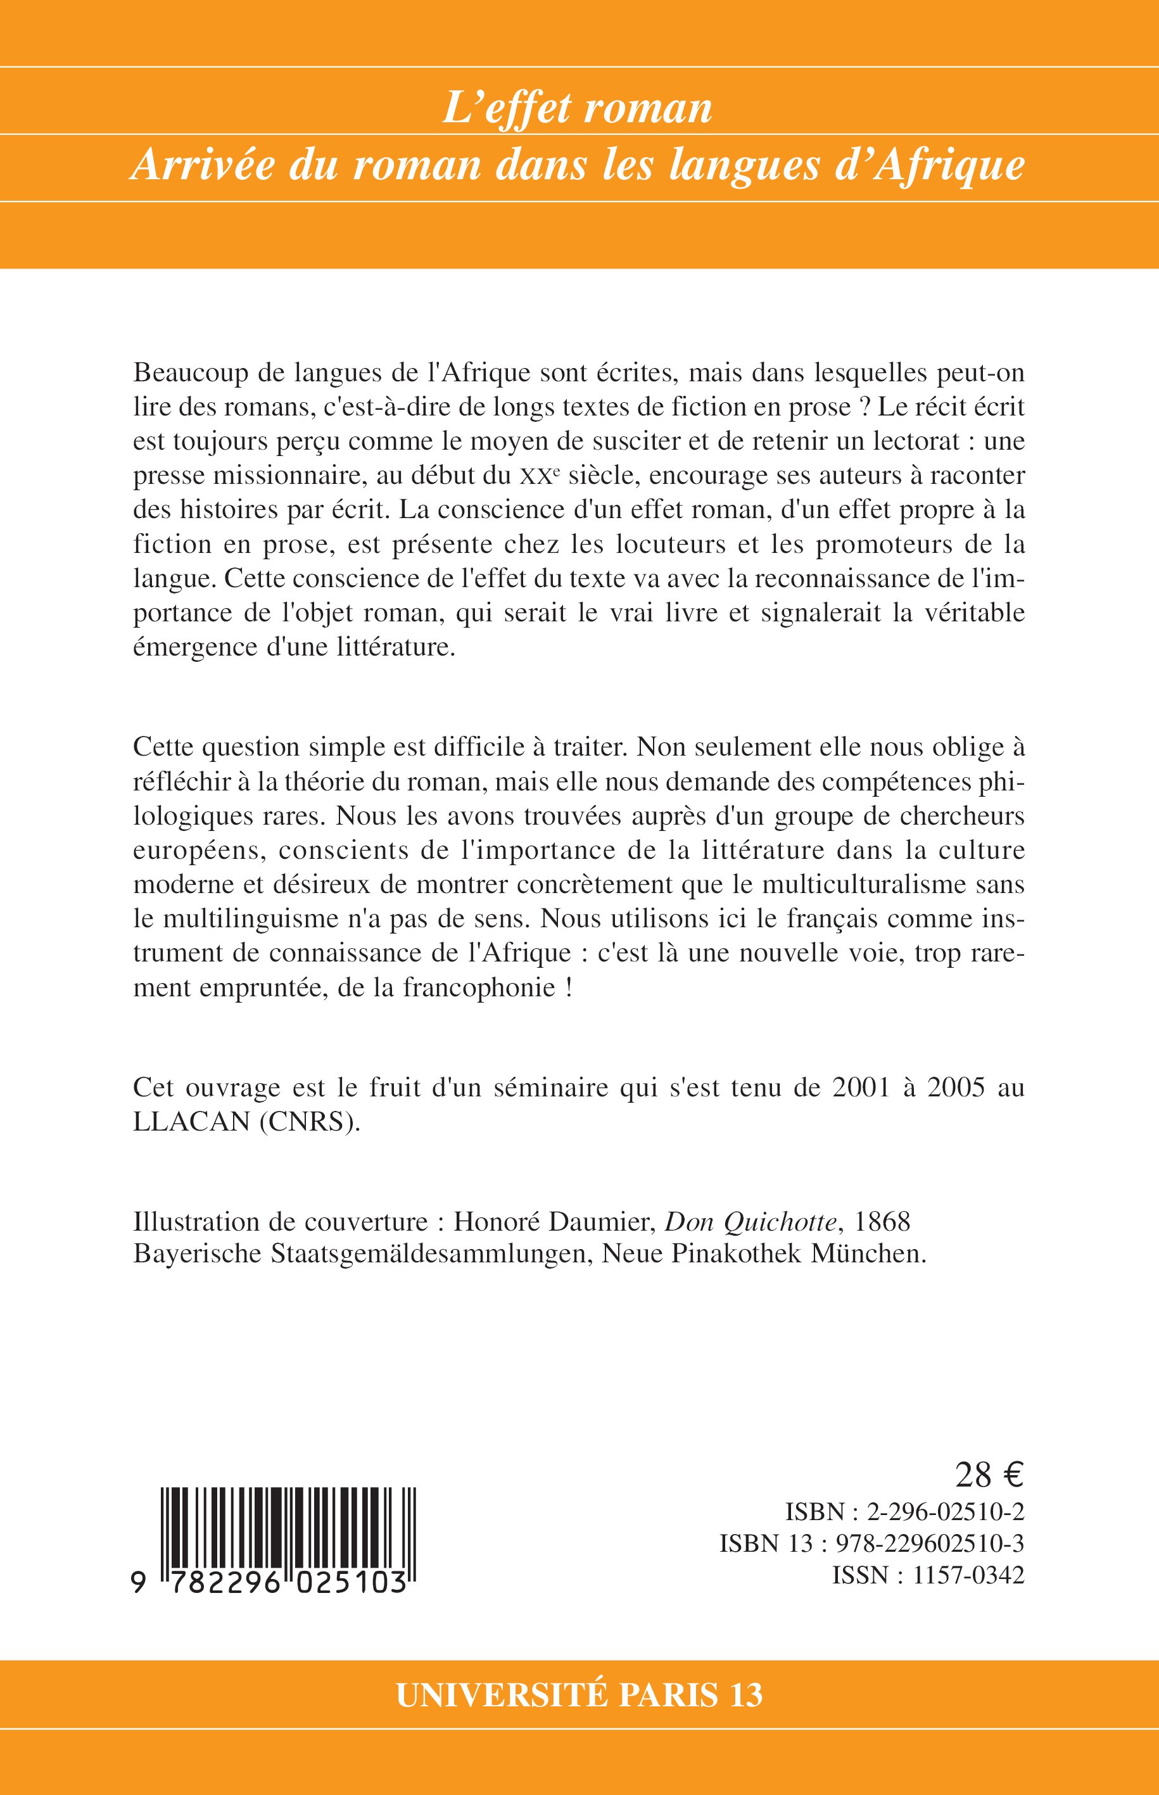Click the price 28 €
(989, 1476)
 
